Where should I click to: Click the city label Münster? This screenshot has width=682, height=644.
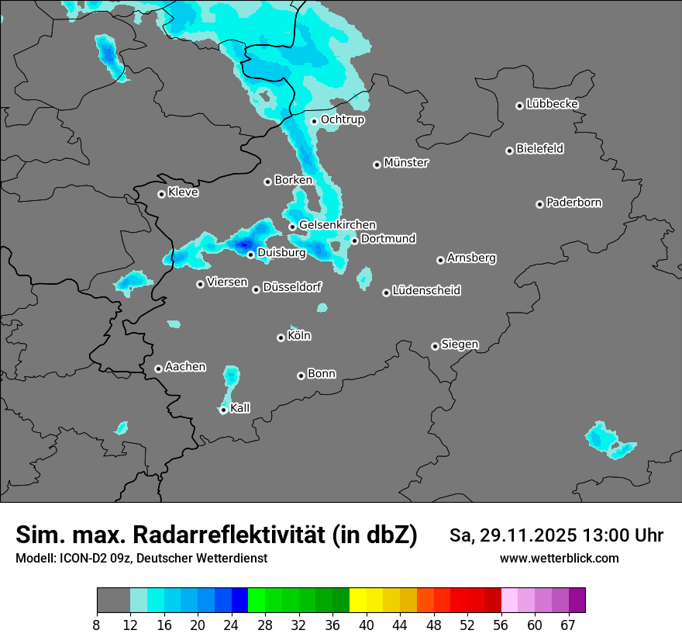click(x=406, y=163)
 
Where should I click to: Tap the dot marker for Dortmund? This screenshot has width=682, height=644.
click(x=354, y=241)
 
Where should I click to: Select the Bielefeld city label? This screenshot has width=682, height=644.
click(x=539, y=149)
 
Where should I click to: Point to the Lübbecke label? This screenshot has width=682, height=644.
click(x=552, y=104)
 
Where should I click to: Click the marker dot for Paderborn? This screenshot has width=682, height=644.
click(x=539, y=204)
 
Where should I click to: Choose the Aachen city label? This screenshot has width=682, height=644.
click(x=185, y=367)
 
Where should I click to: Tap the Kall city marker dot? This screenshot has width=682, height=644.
click(x=223, y=410)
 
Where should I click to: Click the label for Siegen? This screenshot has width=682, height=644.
click(x=460, y=345)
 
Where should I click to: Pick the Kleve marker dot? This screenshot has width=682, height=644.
click(x=161, y=194)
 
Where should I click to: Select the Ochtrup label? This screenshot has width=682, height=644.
click(x=342, y=119)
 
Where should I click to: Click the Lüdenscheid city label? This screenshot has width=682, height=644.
click(x=426, y=291)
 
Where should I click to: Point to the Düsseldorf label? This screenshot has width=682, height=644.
click(x=291, y=288)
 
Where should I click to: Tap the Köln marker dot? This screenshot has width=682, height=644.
click(x=281, y=338)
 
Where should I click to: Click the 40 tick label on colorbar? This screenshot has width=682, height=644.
click(x=367, y=625)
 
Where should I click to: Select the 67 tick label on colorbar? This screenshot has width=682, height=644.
click(x=568, y=625)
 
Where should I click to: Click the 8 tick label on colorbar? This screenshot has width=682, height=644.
click(x=97, y=625)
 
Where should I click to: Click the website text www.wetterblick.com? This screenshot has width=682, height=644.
click(x=559, y=559)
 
